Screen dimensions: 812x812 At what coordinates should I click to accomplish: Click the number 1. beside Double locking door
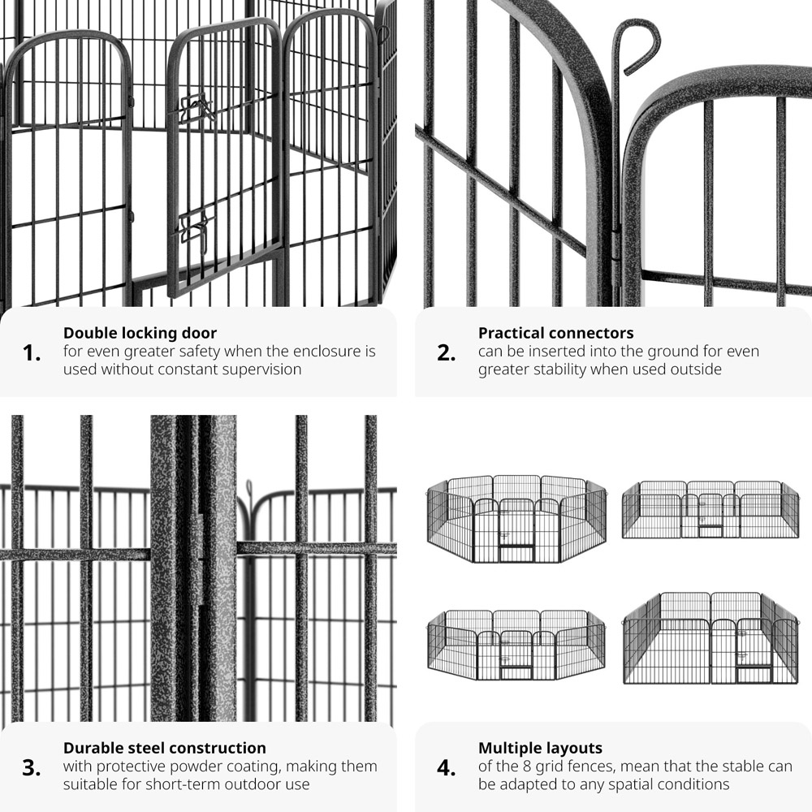pyautogui.click(x=32, y=353)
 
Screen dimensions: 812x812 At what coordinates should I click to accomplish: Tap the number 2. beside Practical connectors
pyautogui.click(x=447, y=353)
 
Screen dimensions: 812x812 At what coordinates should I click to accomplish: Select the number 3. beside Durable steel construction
pyautogui.click(x=32, y=768)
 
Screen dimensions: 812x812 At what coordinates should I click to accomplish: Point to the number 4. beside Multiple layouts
pyautogui.click(x=447, y=768)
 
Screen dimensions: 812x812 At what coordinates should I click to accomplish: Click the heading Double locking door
pyautogui.click(x=140, y=333)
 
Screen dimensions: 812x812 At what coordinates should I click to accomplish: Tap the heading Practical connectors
pyautogui.click(x=555, y=333)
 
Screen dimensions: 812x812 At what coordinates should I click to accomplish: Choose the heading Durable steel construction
pyautogui.click(x=165, y=748)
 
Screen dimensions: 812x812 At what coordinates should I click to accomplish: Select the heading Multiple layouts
pyautogui.click(x=540, y=749)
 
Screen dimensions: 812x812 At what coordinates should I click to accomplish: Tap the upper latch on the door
pyautogui.click(x=198, y=107)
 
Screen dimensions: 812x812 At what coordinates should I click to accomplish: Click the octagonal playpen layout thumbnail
pyautogui.click(x=516, y=519)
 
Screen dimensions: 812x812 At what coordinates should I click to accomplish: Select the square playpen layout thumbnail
pyautogui.click(x=710, y=638)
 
